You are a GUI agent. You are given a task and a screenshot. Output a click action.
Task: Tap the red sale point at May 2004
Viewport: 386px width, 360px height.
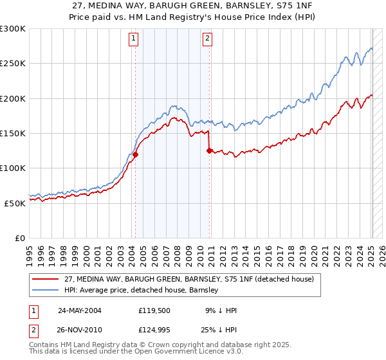[x=136, y=154]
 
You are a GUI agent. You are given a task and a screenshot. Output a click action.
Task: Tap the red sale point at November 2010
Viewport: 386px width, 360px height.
[x=210, y=150]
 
